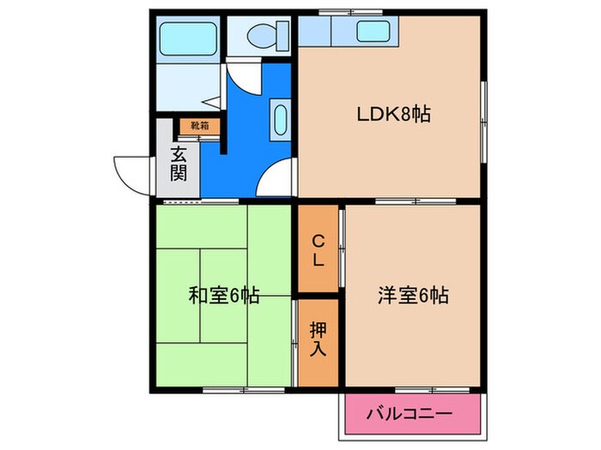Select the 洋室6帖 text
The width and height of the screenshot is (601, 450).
point(412,297)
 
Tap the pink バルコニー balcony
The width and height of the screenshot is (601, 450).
point(409,414)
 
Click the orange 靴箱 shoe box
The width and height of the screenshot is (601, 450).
point(199,126)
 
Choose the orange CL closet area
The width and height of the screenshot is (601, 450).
point(318,249)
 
